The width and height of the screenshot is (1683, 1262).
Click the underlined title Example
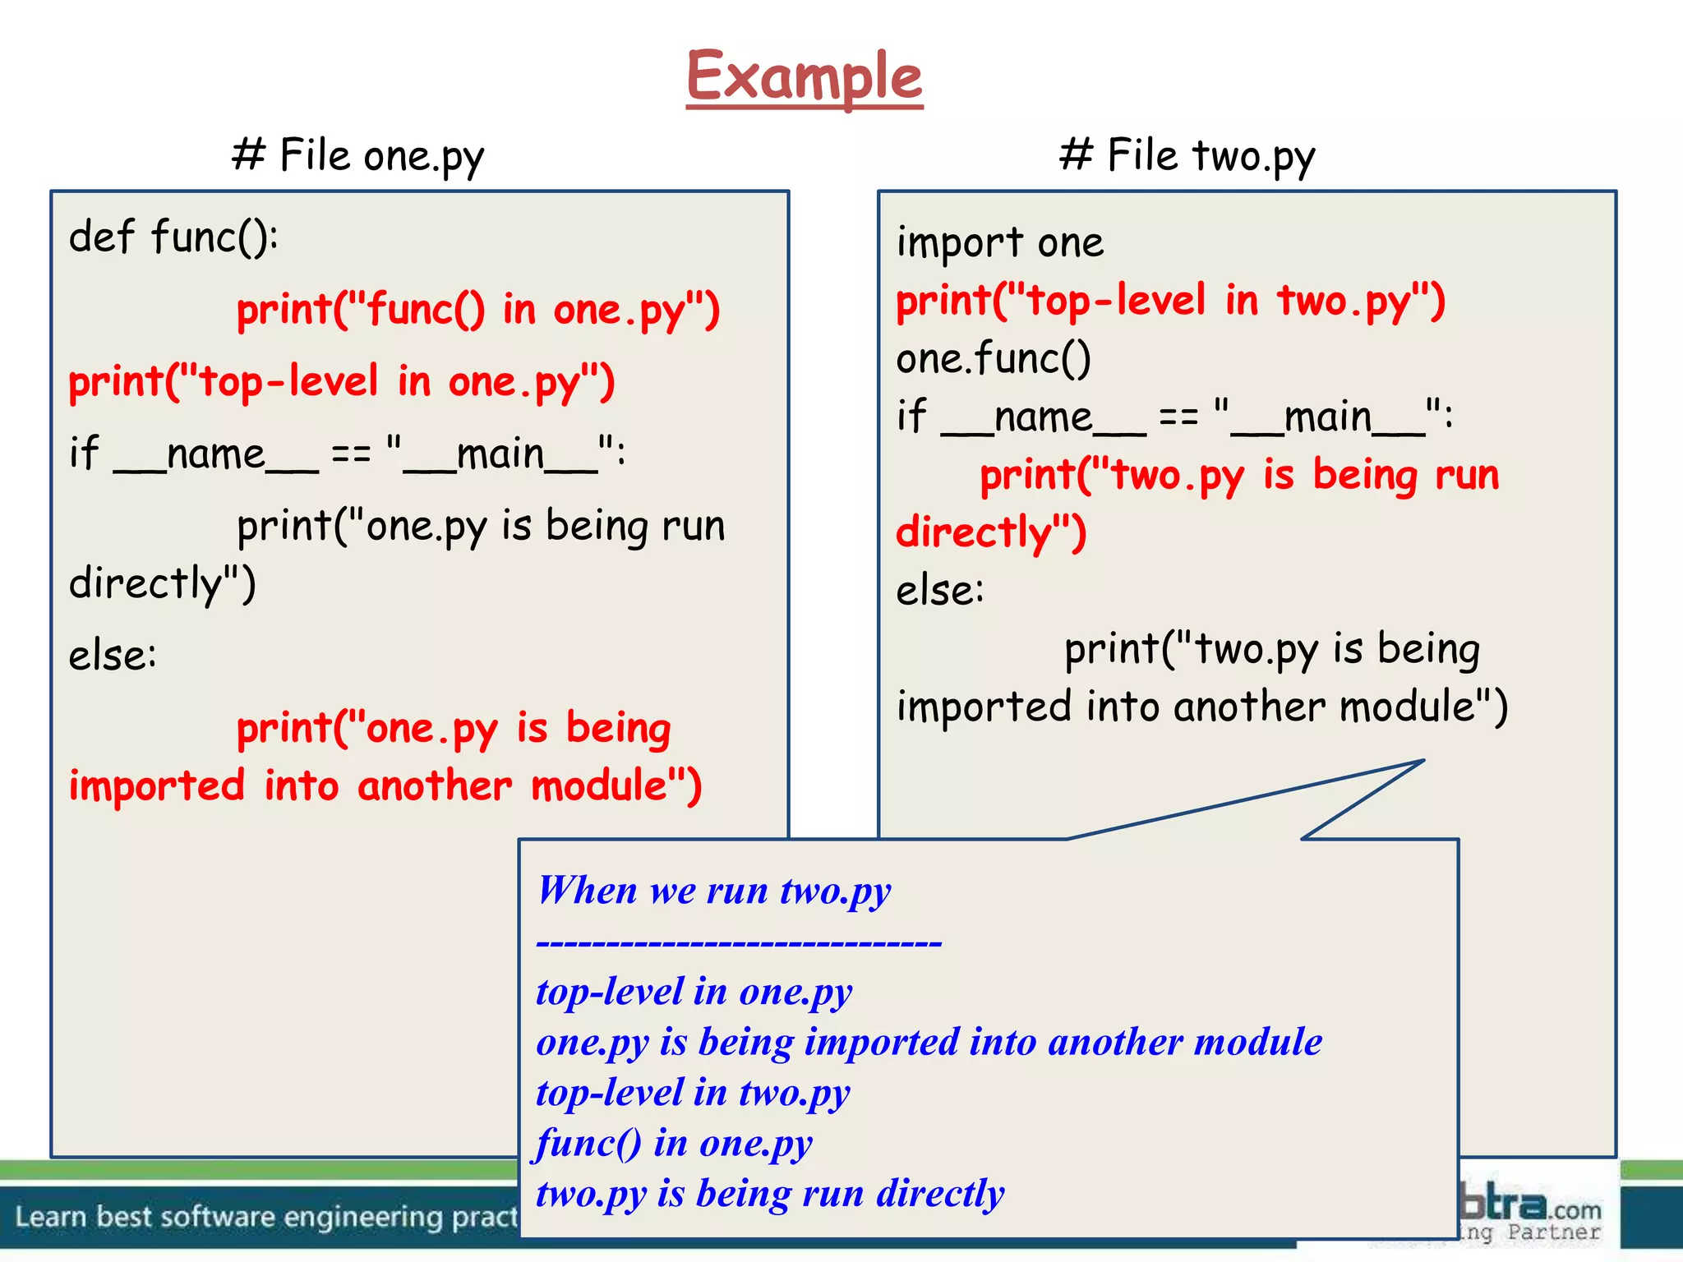[x=804, y=76]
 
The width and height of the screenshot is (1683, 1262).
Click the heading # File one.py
[x=357, y=155]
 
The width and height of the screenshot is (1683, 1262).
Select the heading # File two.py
[x=1187, y=155]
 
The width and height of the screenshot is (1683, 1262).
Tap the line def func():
[x=173, y=237]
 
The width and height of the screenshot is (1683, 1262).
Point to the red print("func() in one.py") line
[x=477, y=311]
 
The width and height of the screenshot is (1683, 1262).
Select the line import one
[x=999, y=243]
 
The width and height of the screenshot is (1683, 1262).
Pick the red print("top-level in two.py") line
[x=1169, y=302]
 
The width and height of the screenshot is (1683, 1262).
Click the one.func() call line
[x=993, y=359]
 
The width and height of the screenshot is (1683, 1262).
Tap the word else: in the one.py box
[x=113, y=656]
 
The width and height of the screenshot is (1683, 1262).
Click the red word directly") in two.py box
[x=991, y=532]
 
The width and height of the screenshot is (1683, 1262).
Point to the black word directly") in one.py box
[x=163, y=583]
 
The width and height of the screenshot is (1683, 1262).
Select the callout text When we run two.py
[x=713, y=891]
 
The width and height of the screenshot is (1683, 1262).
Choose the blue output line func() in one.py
[x=674, y=1144]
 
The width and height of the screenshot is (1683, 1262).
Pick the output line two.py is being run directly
[x=769, y=1194]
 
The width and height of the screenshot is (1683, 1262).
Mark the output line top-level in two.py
[x=693, y=1094]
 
